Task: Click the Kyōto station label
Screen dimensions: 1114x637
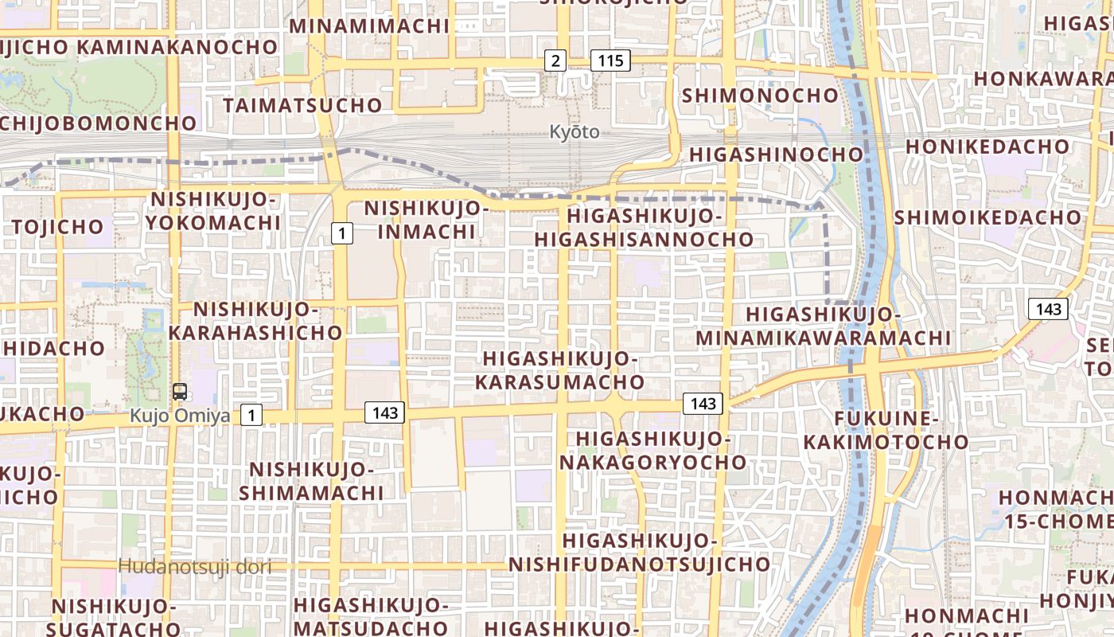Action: [575, 132]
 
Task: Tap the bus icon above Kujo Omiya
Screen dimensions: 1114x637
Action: [180, 391]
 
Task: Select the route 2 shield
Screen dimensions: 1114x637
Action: [555, 61]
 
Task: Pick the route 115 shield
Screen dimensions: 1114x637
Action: [610, 61]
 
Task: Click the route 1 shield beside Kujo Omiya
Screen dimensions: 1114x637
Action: [251, 415]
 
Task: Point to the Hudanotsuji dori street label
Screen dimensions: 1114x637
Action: [195, 567]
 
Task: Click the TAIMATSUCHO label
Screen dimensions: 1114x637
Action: [302, 105]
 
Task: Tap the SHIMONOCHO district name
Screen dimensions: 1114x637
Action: [760, 96]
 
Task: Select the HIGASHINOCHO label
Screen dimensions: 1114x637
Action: [776, 154]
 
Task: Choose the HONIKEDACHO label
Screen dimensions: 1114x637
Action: [987, 147]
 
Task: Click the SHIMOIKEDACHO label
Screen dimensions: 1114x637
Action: [987, 217]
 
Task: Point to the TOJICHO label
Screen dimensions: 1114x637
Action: [57, 227]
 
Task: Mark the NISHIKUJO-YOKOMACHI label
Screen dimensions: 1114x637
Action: [213, 210]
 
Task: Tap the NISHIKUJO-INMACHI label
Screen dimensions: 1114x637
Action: [426, 221]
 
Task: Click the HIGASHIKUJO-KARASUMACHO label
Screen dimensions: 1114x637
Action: [560, 370]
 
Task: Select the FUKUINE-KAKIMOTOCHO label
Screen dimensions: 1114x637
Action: [886, 431]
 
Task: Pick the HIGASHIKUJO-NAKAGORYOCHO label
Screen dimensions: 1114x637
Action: [652, 451]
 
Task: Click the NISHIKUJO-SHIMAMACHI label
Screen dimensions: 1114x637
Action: [311, 481]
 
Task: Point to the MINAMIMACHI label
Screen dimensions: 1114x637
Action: [369, 25]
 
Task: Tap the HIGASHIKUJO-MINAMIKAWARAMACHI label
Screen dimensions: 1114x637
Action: [824, 326]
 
